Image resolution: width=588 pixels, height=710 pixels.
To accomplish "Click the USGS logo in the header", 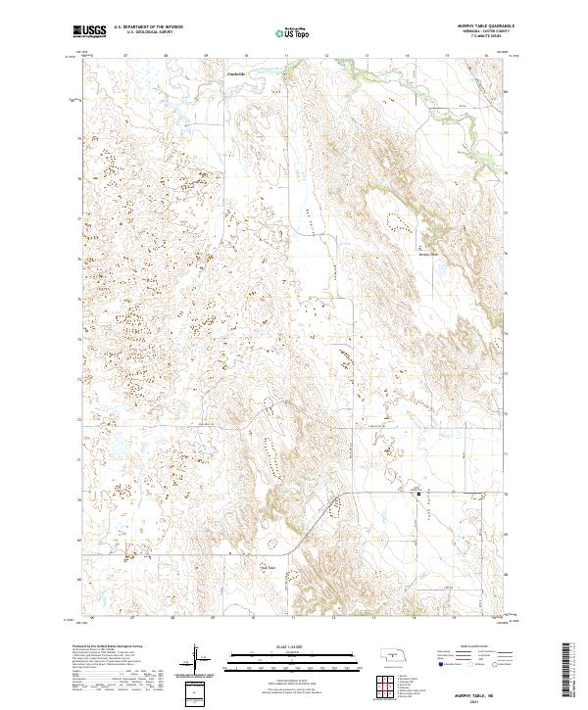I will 89,32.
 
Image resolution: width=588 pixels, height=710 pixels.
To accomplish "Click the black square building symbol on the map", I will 421,495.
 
